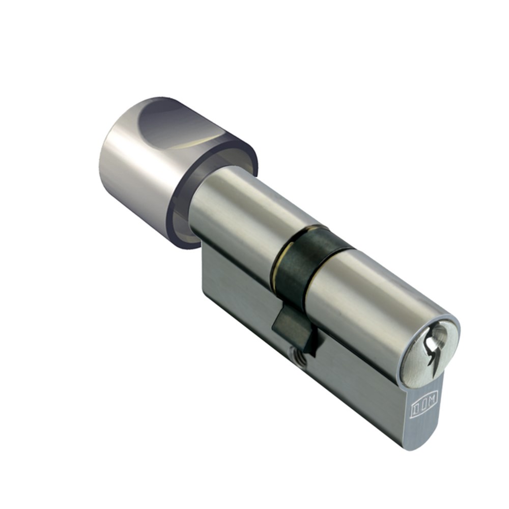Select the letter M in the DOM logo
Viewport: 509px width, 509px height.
click(428, 403)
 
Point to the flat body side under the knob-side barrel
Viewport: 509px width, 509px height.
click(234, 285)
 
